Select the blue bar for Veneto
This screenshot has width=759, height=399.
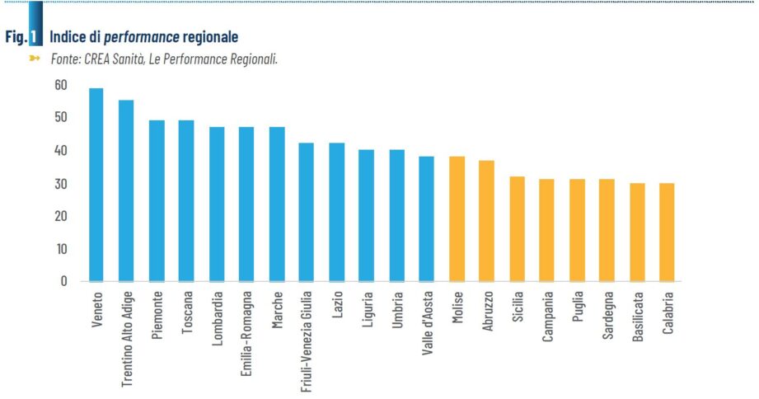96,185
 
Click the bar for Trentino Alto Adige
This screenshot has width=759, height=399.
126,190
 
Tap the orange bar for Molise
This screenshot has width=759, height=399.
457,218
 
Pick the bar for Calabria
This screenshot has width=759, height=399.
667,232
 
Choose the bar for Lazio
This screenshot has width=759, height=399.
336,212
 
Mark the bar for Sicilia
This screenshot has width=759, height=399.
517,228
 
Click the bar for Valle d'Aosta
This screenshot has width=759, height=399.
426,218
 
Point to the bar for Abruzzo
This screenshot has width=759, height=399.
486,220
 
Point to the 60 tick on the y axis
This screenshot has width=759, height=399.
61,85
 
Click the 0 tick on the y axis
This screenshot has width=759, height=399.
63,281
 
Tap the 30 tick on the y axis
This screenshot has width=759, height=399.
61,184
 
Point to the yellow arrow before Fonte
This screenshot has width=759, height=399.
35,59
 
